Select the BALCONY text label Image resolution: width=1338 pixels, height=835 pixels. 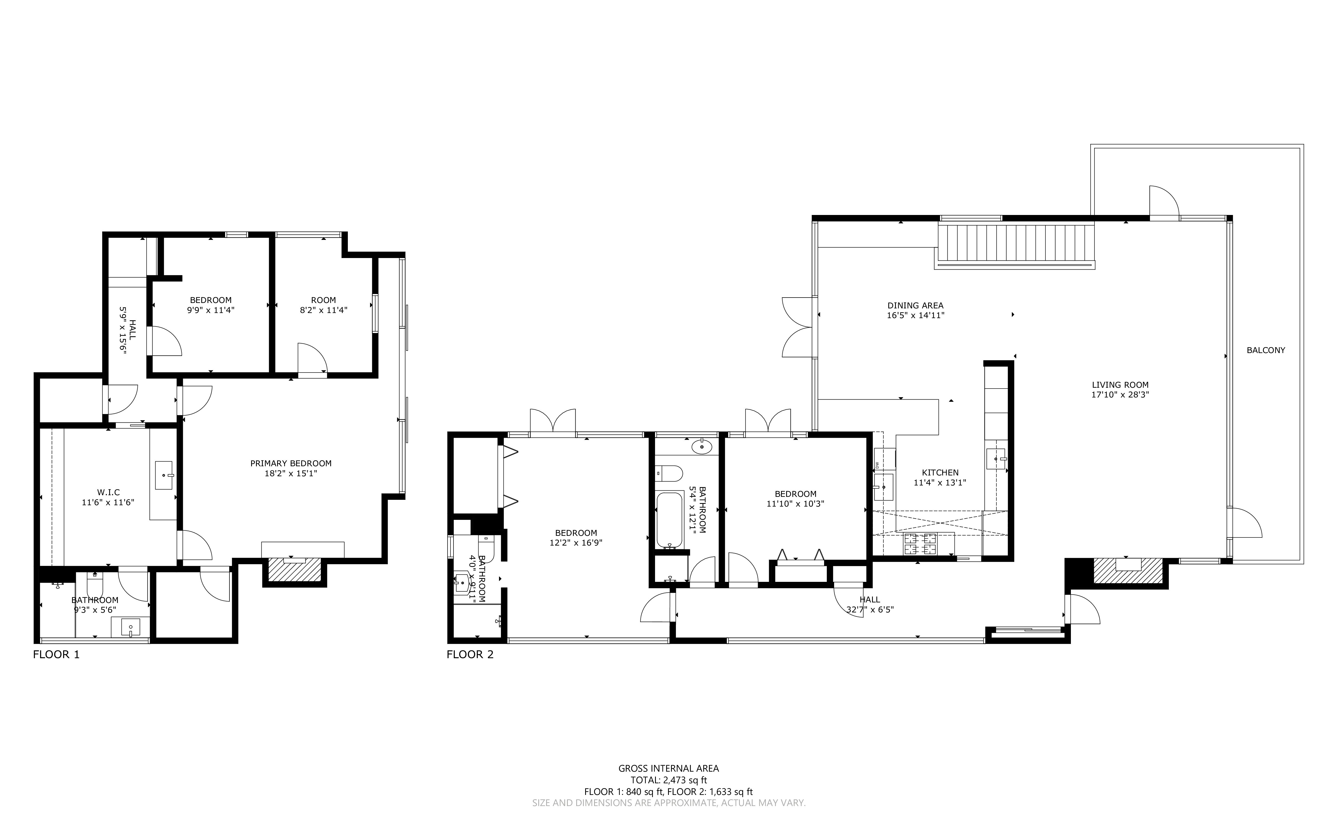tap(1266, 350)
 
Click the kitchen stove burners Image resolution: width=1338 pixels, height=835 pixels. tap(920, 544)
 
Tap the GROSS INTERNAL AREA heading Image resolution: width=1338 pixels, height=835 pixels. tap(668, 768)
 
